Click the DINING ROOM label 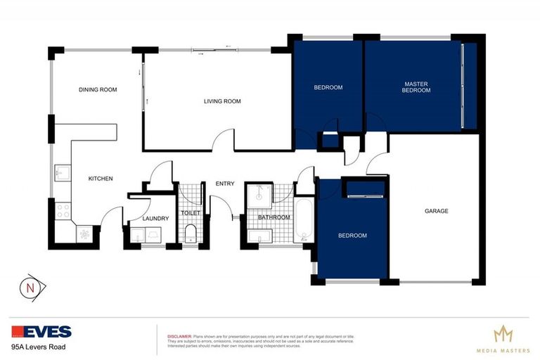click(x=97, y=89)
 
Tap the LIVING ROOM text click(x=222, y=101)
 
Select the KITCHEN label click(x=100, y=179)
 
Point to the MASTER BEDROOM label click(x=416, y=87)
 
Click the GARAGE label click(x=436, y=211)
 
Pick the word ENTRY click(x=225, y=184)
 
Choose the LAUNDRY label click(x=155, y=219)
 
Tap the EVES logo click(x=41, y=331)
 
